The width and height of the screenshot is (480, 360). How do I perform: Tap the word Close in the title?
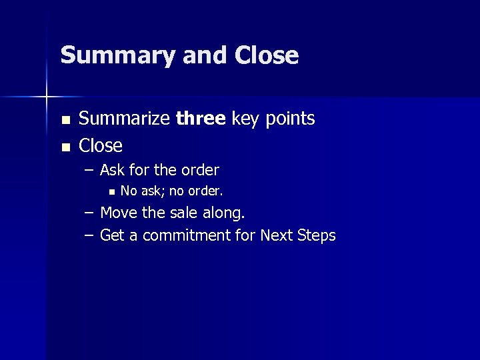(267, 55)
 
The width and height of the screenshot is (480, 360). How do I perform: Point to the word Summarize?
(124, 119)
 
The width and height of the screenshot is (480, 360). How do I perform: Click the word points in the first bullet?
(289, 119)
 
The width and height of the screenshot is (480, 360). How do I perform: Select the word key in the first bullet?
(246, 120)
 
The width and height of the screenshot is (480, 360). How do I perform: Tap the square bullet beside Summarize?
(65, 121)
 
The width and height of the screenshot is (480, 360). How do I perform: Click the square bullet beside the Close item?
(65, 147)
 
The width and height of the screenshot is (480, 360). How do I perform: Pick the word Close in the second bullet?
(101, 145)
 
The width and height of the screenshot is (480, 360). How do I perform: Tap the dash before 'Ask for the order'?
(89, 171)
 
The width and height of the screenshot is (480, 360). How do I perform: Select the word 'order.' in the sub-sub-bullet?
(205, 191)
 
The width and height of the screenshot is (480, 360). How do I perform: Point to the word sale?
(184, 213)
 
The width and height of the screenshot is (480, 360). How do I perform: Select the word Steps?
(315, 236)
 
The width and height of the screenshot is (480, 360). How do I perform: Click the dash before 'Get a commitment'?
(89, 235)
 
